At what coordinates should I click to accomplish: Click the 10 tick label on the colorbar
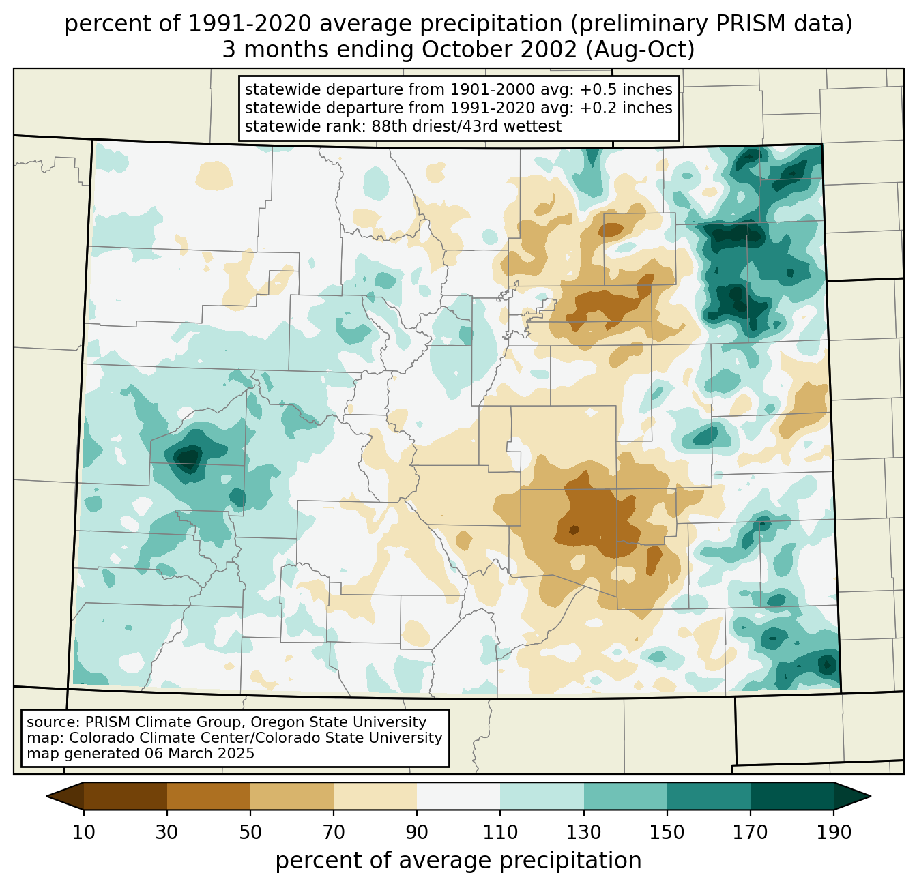84,832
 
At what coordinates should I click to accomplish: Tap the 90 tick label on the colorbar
417,832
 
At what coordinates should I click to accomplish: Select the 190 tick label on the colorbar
833,832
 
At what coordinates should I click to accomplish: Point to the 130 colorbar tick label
583,832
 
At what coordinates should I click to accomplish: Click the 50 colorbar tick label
250,832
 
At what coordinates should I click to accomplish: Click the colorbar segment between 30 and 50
209,796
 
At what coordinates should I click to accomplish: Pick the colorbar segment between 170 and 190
791,796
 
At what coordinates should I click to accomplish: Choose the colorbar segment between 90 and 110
458,796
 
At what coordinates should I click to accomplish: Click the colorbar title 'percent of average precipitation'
458,861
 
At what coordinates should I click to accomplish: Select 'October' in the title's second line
465,50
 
